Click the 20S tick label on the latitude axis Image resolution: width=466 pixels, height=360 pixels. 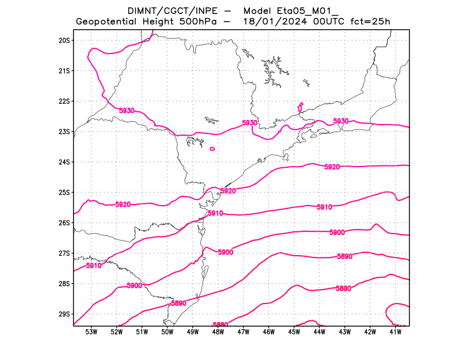pos(64,40)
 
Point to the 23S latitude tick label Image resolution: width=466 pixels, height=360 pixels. pos(64,132)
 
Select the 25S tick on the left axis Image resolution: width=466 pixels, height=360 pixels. pos(64,192)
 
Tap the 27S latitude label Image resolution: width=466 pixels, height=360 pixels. pos(64,253)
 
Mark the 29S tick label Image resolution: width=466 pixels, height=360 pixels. pos(64,314)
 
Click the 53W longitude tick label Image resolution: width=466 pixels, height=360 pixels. pos(91,332)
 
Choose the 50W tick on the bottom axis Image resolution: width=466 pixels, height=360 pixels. pos(167,332)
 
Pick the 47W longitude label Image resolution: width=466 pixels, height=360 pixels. pos(243,332)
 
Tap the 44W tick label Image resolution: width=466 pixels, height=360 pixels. pos(319,332)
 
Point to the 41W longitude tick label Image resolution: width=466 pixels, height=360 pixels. pos(396,332)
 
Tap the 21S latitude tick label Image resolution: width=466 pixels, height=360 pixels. pos(64,71)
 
